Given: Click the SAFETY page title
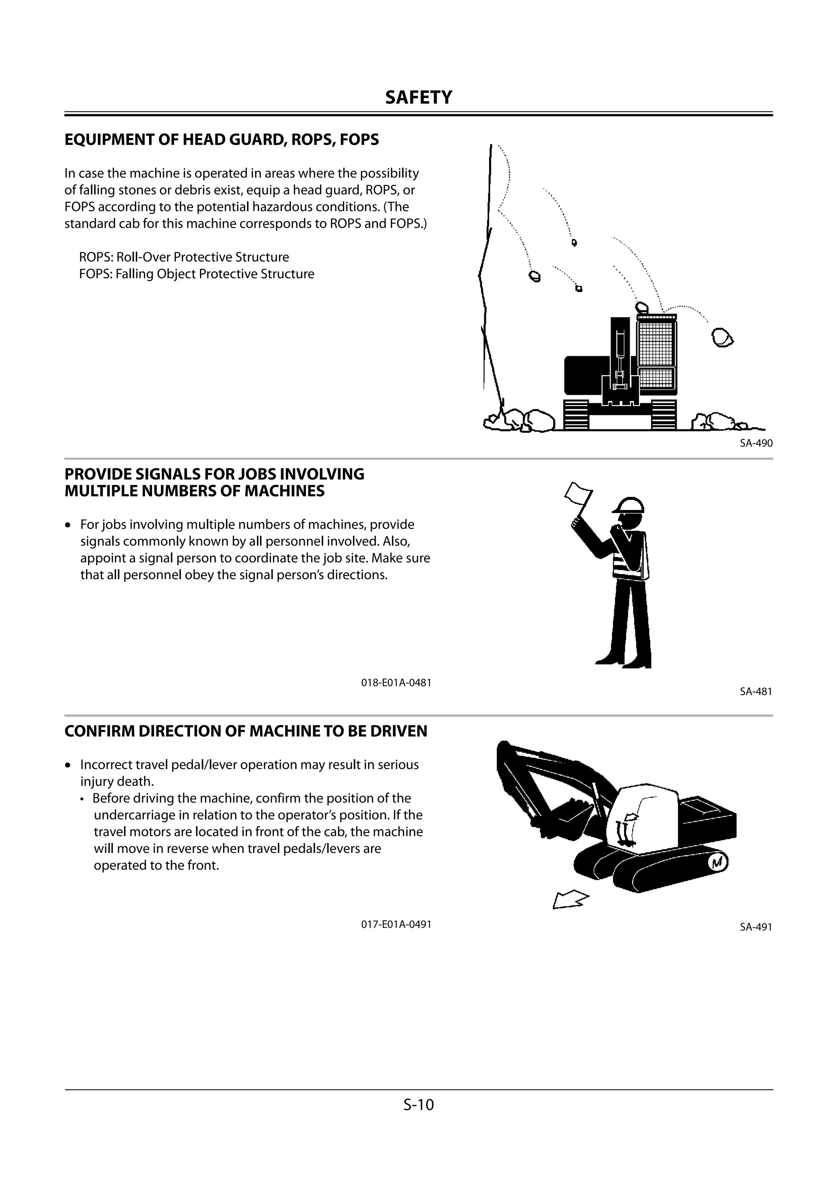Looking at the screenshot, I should point(418,97).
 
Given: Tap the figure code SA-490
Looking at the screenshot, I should point(756,443).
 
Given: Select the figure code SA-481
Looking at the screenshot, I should point(756,691).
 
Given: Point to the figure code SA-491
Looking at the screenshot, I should point(756,927).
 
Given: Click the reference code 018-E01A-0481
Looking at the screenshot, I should point(396,682).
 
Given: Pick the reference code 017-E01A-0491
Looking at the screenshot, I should point(396,924).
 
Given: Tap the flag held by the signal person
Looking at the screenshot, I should point(578,493).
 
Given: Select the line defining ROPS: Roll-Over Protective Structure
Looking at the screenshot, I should point(184,257).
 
